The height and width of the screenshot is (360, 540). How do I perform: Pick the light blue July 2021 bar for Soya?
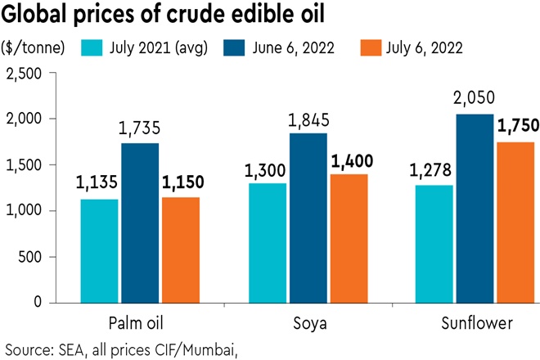(266, 242)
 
